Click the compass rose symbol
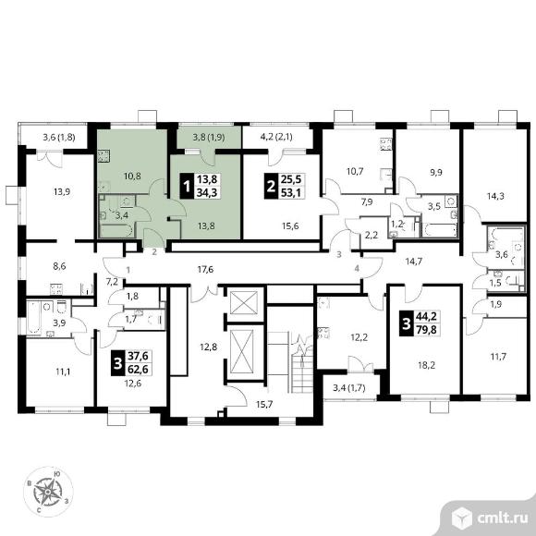coord(48,491)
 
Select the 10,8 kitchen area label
coord(132,177)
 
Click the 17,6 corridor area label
coord(205,270)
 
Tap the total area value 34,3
coord(207,192)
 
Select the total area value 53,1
coord(291,193)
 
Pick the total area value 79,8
coord(426,330)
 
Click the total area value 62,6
coord(138,369)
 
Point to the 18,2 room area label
coord(427,365)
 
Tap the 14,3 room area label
coord(495,196)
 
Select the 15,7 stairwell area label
coord(264,405)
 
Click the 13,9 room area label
coord(62,192)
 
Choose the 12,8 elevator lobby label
coord(209,347)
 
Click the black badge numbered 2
coord(271,187)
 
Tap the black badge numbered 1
coord(187,187)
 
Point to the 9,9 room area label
coord(436,172)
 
